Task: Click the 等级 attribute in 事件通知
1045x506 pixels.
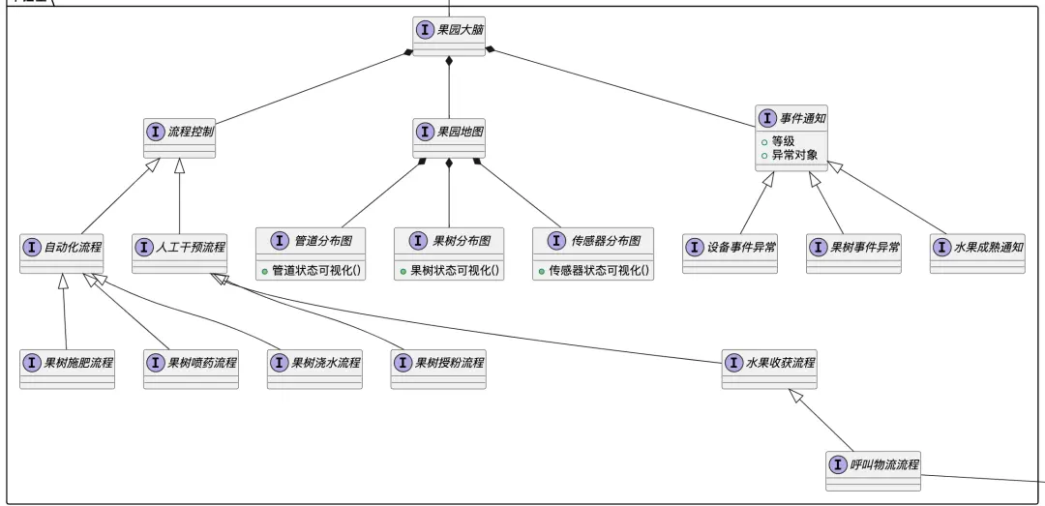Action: (783, 141)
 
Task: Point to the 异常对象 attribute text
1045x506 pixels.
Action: (794, 155)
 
